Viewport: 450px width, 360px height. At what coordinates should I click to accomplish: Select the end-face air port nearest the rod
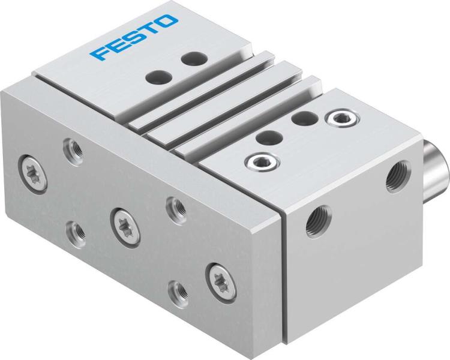pyautogui.click(x=397, y=178)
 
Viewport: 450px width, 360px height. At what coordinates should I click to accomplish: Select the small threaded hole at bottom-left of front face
pyautogui.click(x=76, y=230)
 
